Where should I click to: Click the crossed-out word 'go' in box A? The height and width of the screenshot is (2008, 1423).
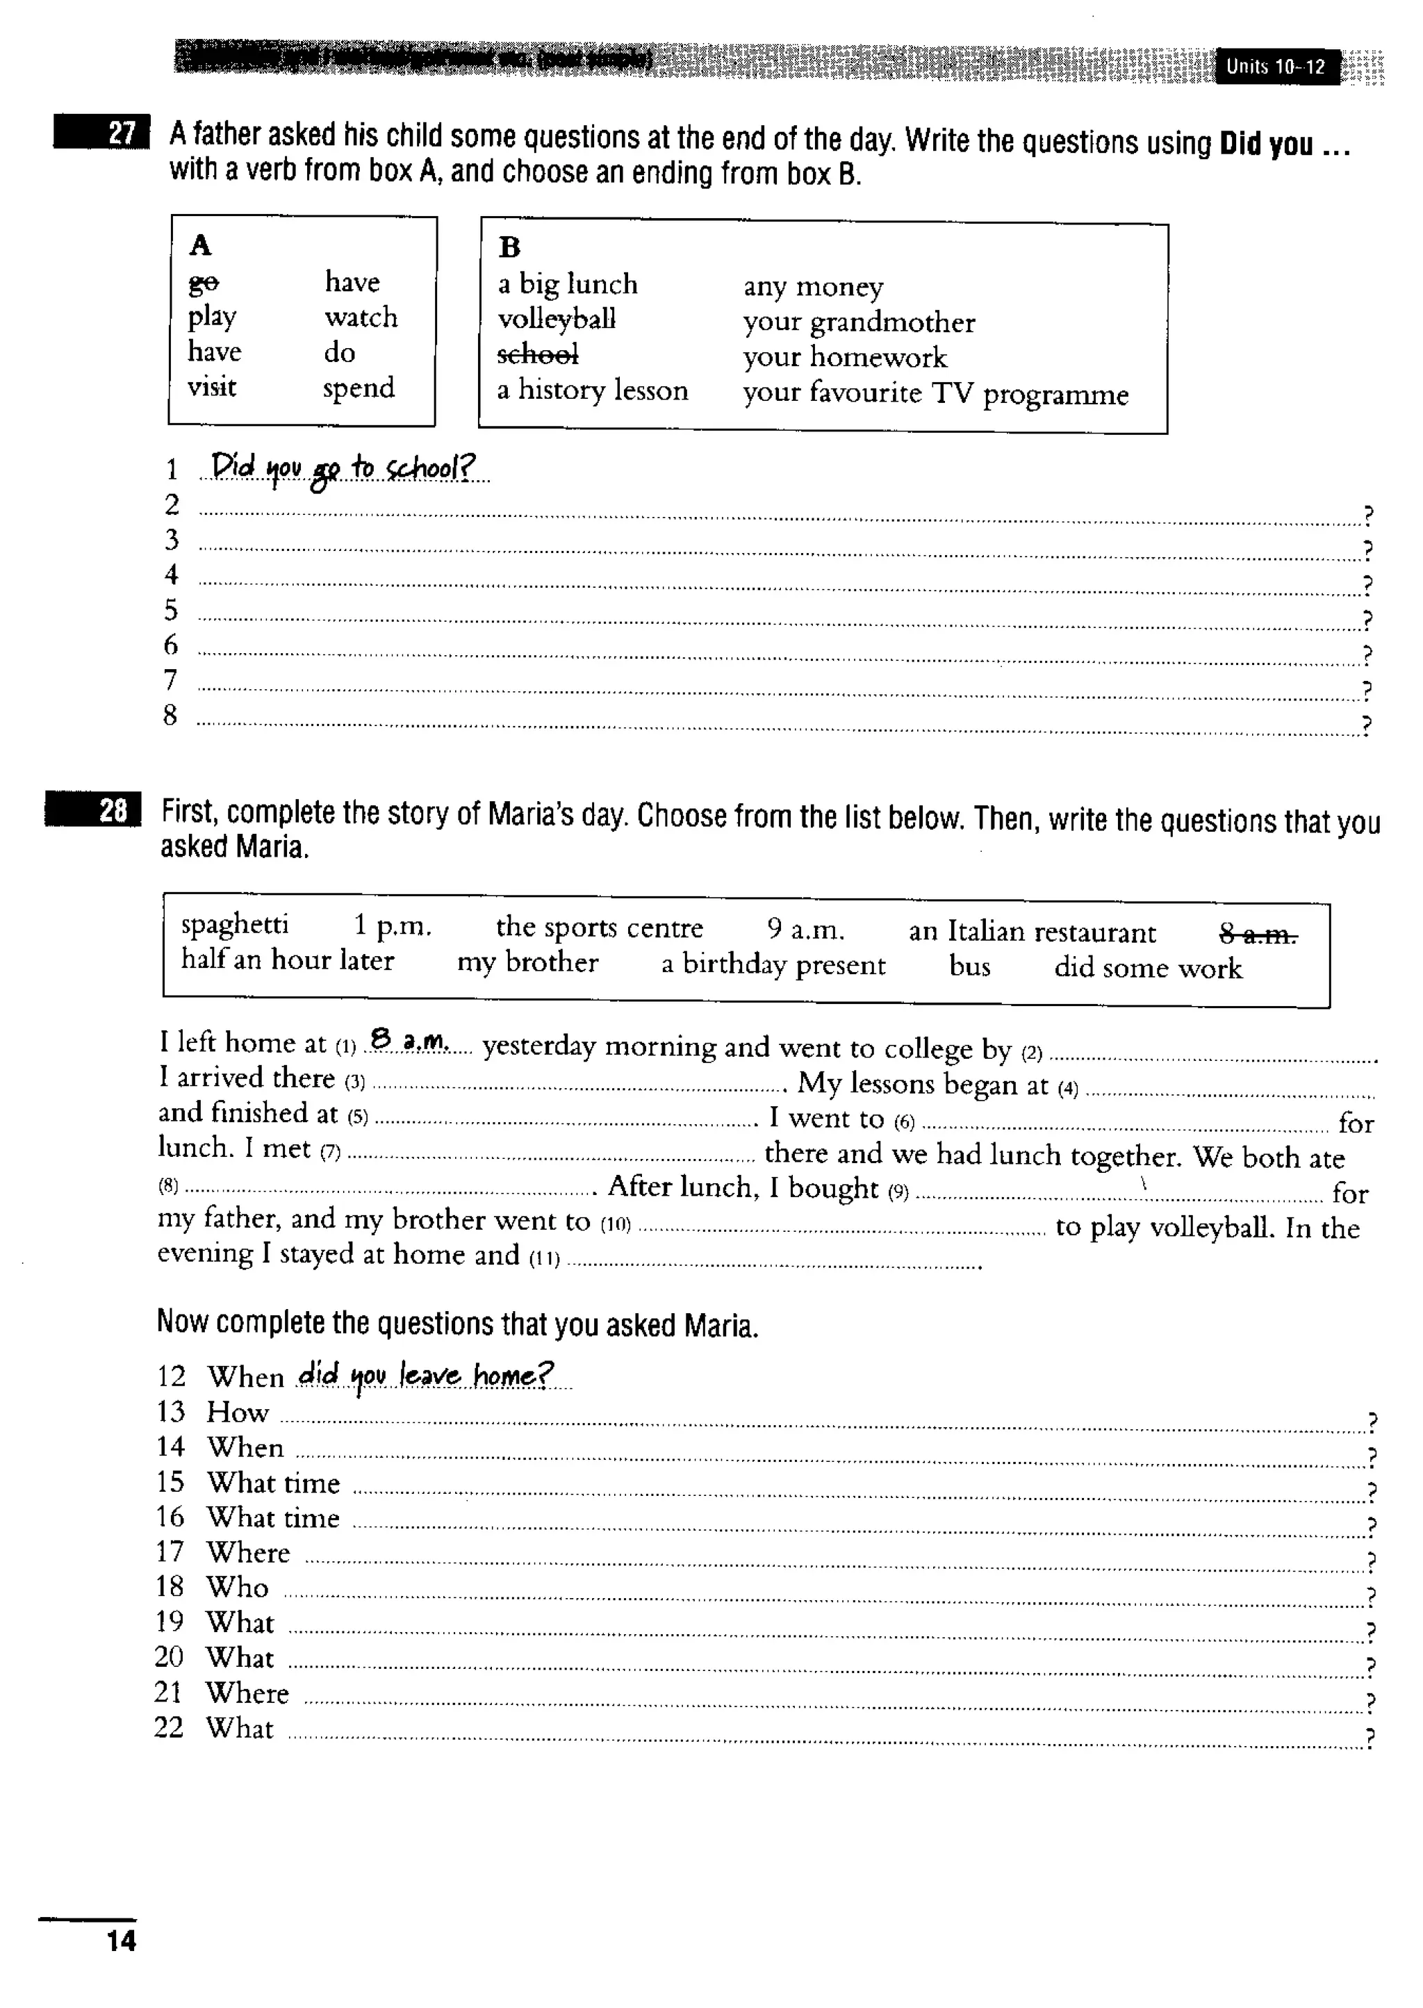coord(204,282)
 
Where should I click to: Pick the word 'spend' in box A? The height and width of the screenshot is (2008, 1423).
coord(359,387)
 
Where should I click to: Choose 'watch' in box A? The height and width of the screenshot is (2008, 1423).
coord(361,317)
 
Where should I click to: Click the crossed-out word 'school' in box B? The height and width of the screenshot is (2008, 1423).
coord(538,354)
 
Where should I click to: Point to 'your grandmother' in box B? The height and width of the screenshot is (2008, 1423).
coord(859,322)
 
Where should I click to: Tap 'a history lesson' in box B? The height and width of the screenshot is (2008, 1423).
coord(592,390)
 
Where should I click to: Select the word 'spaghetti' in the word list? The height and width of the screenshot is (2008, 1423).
coord(235,924)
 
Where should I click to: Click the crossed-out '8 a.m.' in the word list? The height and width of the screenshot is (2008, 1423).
coord(1258,935)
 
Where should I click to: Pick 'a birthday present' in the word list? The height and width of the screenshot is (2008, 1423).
coord(773,964)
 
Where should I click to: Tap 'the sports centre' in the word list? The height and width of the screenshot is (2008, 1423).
coord(600,927)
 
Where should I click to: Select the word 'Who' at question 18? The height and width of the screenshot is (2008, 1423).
coord(238,1587)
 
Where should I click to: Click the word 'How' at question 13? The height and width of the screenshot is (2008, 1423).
coord(238,1413)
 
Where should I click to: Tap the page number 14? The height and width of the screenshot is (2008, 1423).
coord(121,1941)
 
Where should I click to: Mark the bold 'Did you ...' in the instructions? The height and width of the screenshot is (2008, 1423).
coord(1283,145)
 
